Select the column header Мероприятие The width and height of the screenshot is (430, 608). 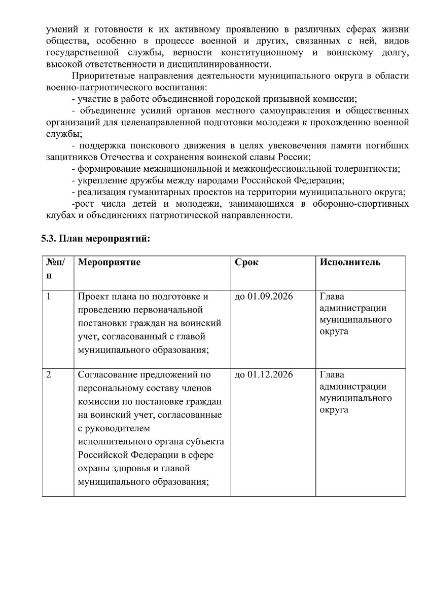(109, 262)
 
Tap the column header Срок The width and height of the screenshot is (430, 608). (246, 262)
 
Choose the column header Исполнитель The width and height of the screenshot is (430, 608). (350, 262)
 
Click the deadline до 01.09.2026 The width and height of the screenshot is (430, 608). (264, 296)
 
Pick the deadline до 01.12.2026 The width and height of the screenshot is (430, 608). (264, 375)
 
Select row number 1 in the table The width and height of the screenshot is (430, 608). (49, 296)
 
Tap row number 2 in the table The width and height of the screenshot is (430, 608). (49, 375)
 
